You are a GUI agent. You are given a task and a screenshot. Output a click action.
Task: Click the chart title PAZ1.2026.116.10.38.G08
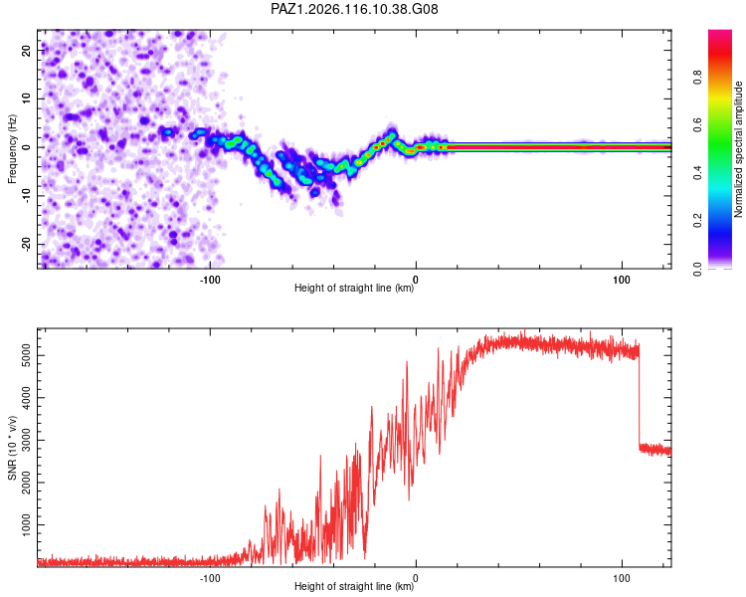click(x=354, y=9)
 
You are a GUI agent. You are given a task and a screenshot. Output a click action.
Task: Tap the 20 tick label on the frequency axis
click(x=26, y=51)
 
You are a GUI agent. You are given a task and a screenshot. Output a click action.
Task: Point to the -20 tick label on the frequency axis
click(x=26, y=244)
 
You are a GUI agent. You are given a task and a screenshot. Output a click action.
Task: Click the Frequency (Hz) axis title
click(x=12, y=149)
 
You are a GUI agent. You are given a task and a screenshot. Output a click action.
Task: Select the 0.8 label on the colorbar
click(x=697, y=78)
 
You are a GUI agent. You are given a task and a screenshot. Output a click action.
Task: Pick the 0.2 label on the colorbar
click(x=697, y=221)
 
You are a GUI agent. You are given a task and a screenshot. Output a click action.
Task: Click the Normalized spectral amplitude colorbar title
click(x=738, y=149)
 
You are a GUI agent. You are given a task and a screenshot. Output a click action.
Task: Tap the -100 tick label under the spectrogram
click(x=209, y=280)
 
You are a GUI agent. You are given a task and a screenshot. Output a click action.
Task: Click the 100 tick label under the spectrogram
click(x=622, y=280)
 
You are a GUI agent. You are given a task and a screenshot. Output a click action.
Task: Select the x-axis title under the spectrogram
click(x=354, y=288)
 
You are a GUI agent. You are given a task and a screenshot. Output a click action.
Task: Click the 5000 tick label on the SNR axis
click(x=26, y=355)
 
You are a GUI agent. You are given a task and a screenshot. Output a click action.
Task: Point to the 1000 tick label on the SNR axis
click(x=26, y=524)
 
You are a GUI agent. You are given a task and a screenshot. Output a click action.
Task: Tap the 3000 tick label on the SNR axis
click(x=26, y=440)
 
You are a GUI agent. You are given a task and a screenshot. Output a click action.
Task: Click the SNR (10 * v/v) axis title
click(x=12, y=448)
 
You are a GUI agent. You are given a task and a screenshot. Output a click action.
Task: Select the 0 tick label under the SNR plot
click(x=416, y=578)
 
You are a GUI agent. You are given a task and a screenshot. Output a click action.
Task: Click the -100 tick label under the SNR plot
click(x=209, y=578)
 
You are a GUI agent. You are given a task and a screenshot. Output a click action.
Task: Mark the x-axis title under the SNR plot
click(x=354, y=586)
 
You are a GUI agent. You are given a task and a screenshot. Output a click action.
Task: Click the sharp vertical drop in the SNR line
click(x=639, y=395)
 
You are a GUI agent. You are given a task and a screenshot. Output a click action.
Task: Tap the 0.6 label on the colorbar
click(x=697, y=124)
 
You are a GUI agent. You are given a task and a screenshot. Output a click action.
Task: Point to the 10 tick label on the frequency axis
click(x=26, y=99)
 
